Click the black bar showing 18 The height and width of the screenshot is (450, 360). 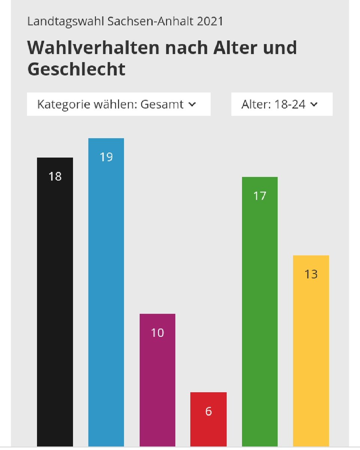(55, 300)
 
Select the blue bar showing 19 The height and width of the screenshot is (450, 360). (106, 292)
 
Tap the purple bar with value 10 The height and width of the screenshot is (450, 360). (157, 379)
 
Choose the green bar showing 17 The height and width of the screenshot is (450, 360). (260, 311)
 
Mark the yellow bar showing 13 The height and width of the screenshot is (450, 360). (311, 352)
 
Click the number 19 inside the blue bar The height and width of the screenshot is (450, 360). (106, 157)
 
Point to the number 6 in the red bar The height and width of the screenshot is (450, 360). (208, 411)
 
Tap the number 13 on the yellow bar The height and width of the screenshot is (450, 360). (311, 274)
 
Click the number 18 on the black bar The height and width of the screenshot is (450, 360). (55, 176)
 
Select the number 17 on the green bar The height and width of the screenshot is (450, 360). (260, 196)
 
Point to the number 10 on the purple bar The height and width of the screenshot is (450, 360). (157, 333)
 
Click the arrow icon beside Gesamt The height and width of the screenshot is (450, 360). (192, 105)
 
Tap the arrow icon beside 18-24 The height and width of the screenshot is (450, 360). (314, 105)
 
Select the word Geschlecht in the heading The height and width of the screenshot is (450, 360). (76, 69)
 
